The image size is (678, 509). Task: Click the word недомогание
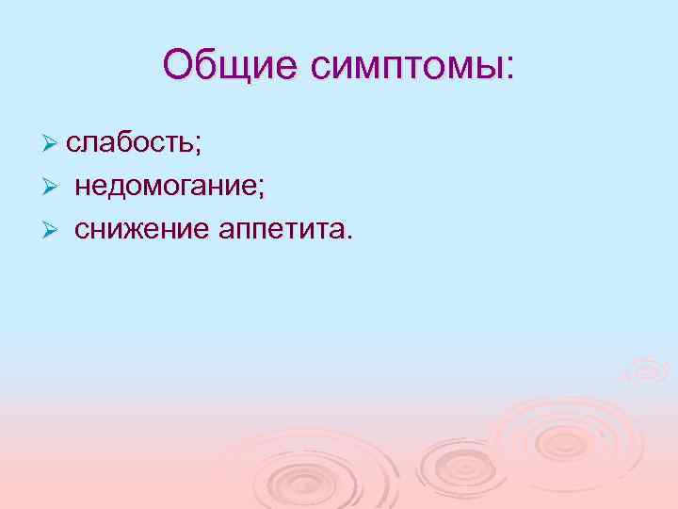click(x=166, y=187)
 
